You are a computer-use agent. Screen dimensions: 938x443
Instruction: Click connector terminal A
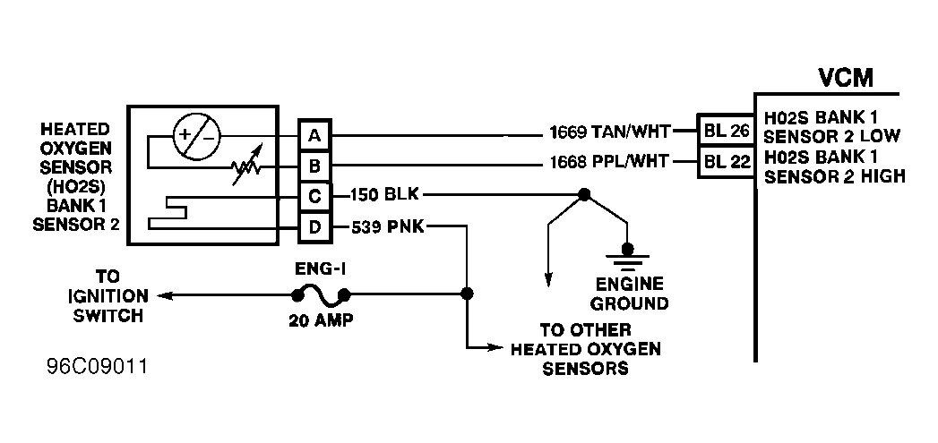314,136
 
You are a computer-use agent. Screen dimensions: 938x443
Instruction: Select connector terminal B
314,166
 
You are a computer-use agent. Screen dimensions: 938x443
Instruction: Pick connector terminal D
314,228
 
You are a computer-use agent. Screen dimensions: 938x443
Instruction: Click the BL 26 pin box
726,131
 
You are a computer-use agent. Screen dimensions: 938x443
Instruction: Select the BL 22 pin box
726,162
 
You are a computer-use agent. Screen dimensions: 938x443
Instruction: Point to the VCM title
846,78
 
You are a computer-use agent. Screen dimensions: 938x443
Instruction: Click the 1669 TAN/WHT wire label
608,132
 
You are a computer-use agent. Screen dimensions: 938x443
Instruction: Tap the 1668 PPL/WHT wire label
608,163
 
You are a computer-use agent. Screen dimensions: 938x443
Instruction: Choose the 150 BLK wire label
386,195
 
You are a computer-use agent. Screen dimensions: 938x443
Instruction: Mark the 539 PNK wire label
388,227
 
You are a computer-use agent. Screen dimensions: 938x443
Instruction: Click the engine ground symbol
627,257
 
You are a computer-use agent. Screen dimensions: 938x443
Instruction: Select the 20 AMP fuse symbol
320,296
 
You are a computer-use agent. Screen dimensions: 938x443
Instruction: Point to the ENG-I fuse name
321,269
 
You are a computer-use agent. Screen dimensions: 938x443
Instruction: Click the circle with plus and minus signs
197,136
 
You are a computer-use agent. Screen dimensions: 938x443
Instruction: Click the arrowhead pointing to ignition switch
165,295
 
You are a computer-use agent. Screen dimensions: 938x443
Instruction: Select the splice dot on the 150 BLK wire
584,194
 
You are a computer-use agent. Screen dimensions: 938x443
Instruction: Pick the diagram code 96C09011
97,366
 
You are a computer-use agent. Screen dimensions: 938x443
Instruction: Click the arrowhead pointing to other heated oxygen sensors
496,346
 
